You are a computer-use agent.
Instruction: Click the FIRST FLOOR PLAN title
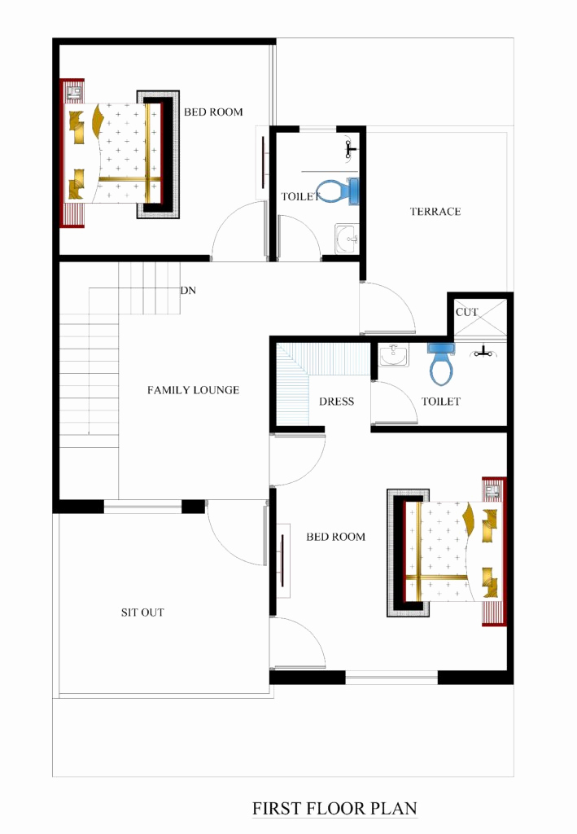(x=334, y=809)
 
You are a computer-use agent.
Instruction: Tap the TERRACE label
(x=435, y=212)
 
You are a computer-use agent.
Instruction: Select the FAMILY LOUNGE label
(x=193, y=390)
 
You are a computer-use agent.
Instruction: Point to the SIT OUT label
(x=142, y=612)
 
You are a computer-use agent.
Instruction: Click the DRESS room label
(x=336, y=402)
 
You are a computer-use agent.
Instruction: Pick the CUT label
(x=467, y=313)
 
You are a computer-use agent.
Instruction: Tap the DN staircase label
(x=188, y=290)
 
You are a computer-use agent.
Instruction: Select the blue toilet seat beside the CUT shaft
(x=440, y=364)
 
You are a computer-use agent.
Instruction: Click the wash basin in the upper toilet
(x=348, y=239)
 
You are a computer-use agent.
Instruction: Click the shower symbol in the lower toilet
(x=485, y=352)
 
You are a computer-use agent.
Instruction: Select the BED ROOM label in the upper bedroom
(x=213, y=112)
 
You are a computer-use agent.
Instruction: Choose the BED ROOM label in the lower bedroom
(x=335, y=537)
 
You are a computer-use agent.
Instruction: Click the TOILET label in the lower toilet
(x=441, y=402)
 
